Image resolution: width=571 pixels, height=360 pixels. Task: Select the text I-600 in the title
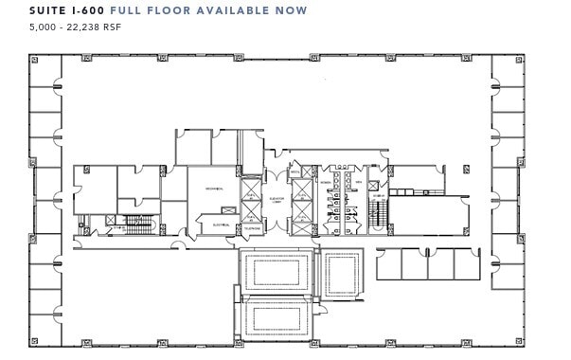tap(94, 10)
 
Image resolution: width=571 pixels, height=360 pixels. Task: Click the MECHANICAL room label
tap(213, 190)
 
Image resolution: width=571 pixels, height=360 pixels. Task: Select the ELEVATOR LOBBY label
tap(277, 201)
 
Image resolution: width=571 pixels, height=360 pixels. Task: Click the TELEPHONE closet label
tap(252, 228)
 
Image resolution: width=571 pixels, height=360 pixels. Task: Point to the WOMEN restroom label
tap(325, 182)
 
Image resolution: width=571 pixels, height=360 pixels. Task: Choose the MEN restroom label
tap(359, 182)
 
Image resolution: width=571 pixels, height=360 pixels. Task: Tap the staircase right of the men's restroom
tap(378, 214)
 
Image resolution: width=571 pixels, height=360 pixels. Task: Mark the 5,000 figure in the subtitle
tap(44, 27)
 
